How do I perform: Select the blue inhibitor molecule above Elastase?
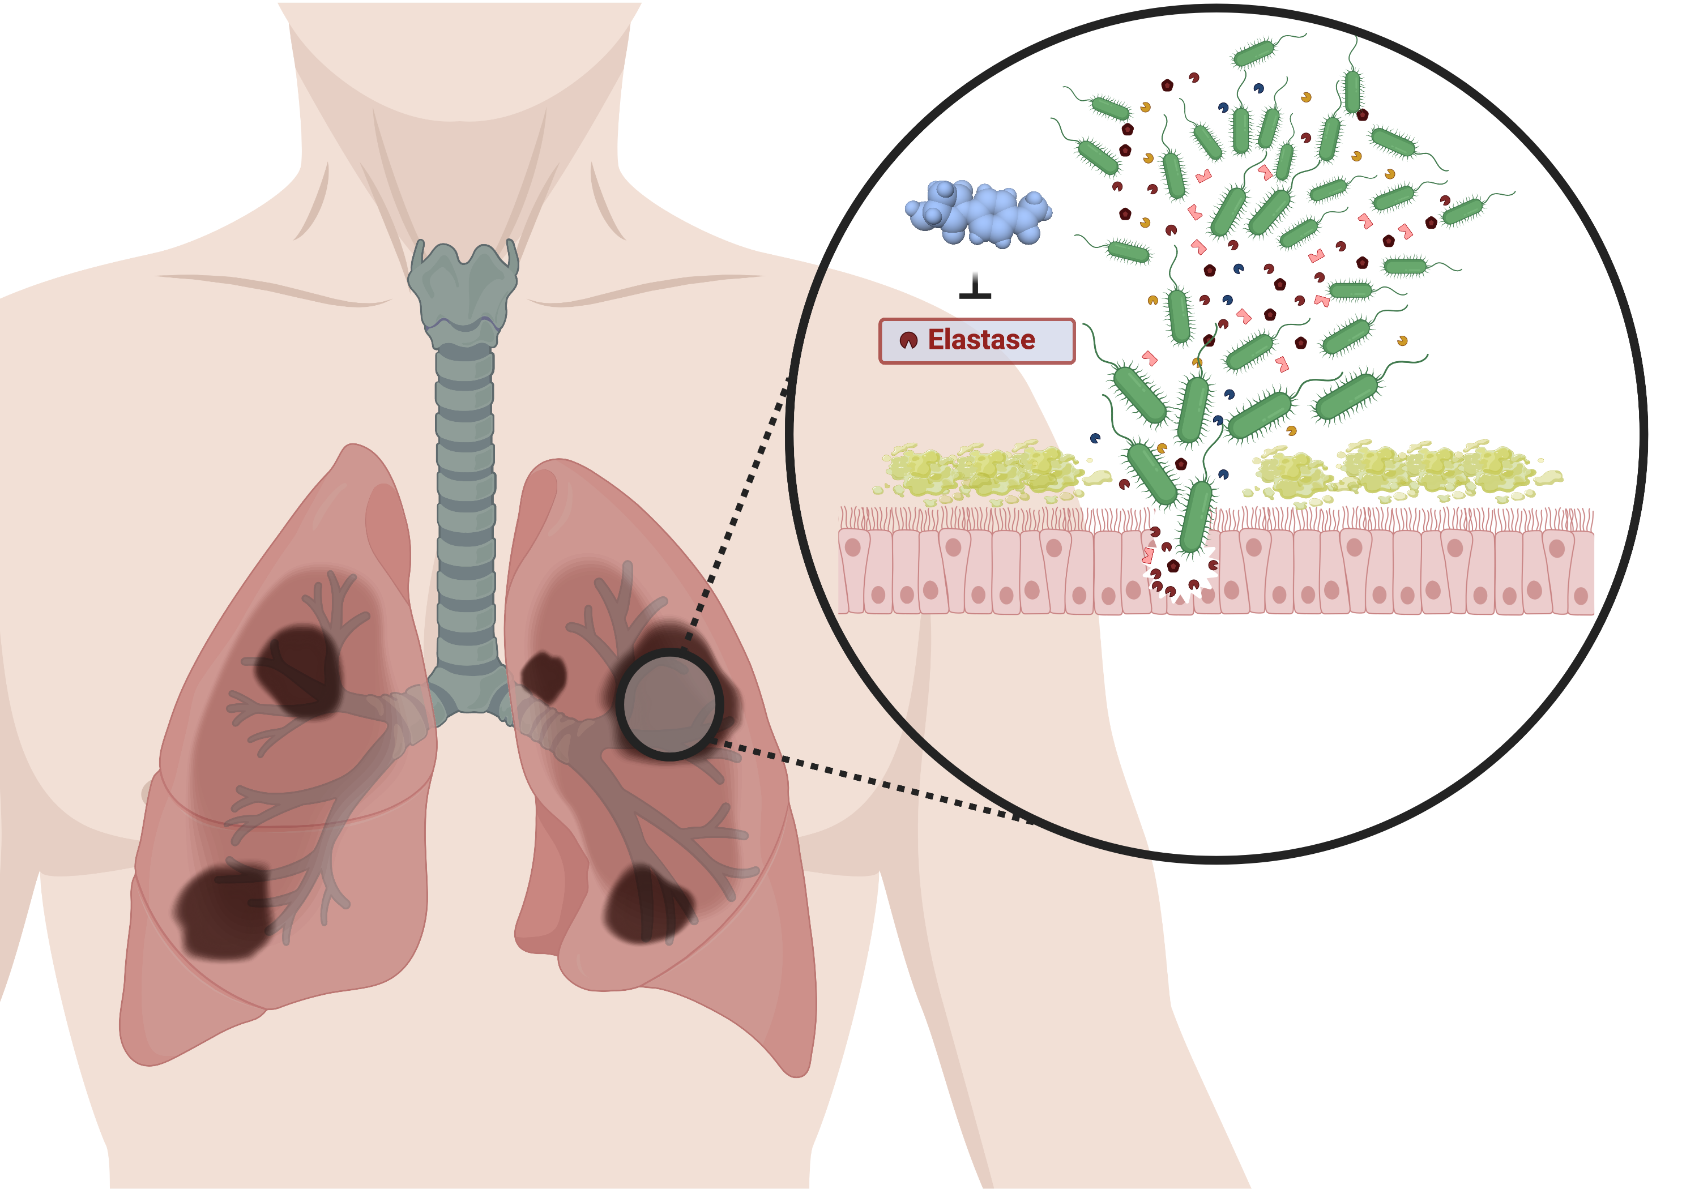point(978,212)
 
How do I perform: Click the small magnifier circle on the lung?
point(669,704)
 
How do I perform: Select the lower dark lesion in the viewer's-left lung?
point(222,914)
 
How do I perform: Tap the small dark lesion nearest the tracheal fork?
point(544,675)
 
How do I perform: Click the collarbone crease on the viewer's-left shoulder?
point(274,289)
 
